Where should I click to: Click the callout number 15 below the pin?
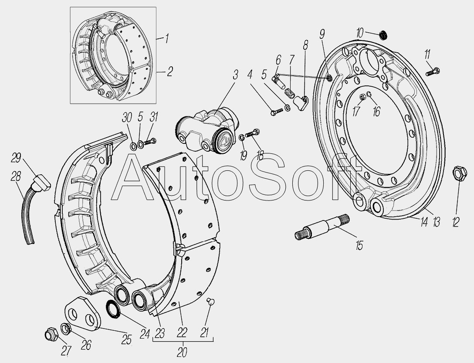[359, 246]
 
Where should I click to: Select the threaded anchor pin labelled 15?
[322, 227]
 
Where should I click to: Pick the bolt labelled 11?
[433, 72]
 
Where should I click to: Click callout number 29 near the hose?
[16, 158]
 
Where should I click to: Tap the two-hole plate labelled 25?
[82, 313]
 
